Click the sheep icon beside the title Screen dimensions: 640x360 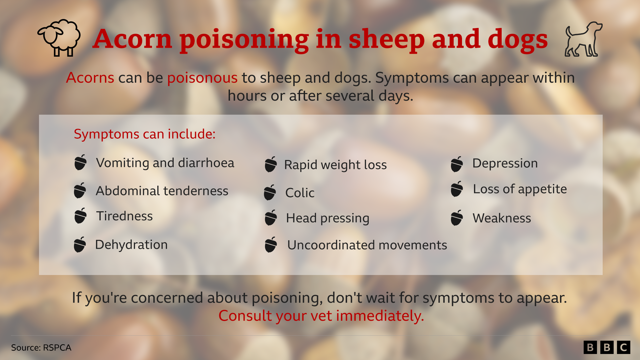point(59,38)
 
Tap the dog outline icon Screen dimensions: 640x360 point(583,39)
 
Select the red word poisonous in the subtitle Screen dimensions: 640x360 point(202,78)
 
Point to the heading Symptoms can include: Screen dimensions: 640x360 point(145,134)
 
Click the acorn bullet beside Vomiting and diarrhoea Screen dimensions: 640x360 point(80,162)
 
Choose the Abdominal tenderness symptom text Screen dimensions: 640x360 point(162,191)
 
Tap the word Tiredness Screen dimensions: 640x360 point(125,216)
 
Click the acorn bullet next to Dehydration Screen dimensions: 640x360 point(80,245)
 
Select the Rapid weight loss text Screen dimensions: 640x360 point(335,165)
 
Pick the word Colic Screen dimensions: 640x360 point(300,193)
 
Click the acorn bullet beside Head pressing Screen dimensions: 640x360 point(271,218)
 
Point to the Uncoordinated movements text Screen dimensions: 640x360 point(367,245)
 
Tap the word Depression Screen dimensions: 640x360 point(505,163)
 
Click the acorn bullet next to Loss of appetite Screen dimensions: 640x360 point(457,189)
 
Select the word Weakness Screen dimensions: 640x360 point(502,218)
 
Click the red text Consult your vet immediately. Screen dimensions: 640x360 point(321,316)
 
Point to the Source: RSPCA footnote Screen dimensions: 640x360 point(41,348)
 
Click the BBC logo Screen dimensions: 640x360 point(607,347)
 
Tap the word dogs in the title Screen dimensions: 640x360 point(518,39)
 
